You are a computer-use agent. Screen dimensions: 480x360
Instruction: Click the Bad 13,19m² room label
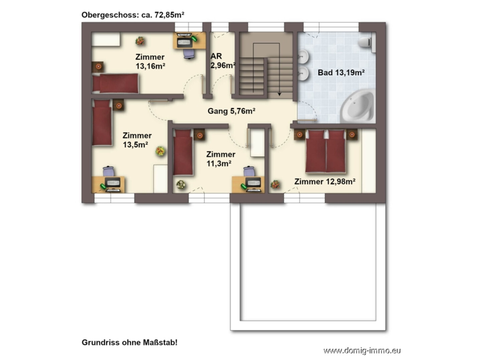click(x=341, y=73)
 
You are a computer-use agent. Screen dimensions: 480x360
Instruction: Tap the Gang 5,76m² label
click(x=231, y=111)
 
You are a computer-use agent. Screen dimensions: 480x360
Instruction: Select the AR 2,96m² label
click(x=223, y=61)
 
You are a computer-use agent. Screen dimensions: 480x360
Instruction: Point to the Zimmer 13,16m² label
click(x=150, y=62)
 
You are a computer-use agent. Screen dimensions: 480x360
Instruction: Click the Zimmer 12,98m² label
click(x=325, y=182)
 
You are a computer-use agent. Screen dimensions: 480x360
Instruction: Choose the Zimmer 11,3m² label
click(x=221, y=159)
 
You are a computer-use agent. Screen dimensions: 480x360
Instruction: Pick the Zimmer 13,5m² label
click(x=137, y=140)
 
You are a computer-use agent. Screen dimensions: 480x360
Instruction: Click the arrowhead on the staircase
click(x=279, y=94)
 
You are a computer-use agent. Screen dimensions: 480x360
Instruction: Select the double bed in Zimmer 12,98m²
click(x=325, y=151)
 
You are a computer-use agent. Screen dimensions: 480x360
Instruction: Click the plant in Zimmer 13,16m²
click(x=140, y=41)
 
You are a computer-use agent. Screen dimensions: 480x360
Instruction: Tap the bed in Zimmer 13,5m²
click(x=102, y=123)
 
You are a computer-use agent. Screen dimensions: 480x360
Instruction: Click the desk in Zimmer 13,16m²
click(x=189, y=40)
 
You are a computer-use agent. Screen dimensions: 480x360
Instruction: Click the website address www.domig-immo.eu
click(x=362, y=351)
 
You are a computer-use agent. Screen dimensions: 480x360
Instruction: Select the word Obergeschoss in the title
click(x=110, y=15)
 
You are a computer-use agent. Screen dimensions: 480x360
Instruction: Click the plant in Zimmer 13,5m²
click(x=160, y=151)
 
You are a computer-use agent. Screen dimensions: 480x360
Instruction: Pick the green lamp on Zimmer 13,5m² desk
click(x=103, y=187)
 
